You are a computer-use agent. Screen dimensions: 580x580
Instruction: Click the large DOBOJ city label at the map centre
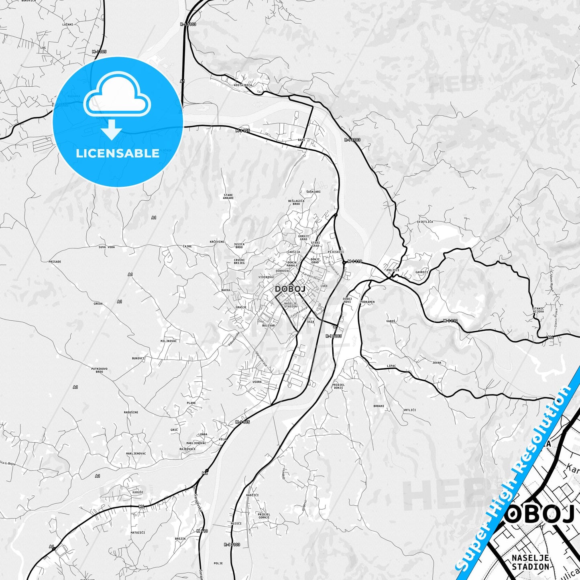(290, 289)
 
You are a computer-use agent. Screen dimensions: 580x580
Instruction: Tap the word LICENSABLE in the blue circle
(118, 153)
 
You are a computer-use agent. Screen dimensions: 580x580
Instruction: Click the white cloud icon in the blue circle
(117, 96)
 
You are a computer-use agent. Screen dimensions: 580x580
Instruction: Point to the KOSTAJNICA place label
(243, 85)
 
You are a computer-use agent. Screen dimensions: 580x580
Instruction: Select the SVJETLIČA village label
(425, 222)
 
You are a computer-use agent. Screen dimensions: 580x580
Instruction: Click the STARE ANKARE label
(228, 197)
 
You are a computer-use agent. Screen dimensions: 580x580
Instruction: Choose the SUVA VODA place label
(106, 247)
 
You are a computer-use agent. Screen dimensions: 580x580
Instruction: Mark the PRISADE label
(55, 261)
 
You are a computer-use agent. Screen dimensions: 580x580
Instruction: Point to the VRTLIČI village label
(409, 410)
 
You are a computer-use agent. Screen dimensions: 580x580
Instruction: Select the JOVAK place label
(437, 362)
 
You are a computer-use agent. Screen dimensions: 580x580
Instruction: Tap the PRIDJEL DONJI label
(338, 386)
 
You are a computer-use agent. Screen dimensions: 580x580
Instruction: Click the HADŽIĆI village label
(252, 495)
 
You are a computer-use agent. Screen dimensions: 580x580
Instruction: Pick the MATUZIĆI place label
(138, 532)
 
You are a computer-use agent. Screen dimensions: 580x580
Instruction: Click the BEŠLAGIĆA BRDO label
(296, 202)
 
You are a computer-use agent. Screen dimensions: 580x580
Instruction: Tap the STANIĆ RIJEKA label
(538, 310)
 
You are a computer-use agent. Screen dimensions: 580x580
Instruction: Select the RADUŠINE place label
(131, 412)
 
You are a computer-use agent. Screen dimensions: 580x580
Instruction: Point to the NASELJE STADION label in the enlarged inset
(530, 562)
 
